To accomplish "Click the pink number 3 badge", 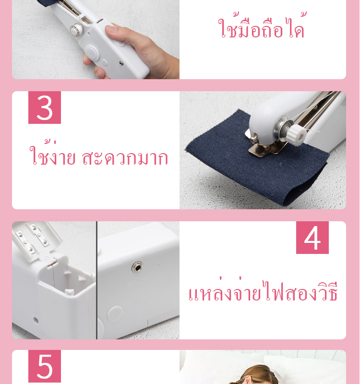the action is pyautogui.click(x=45, y=107).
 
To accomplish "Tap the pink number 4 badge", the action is pyautogui.click(x=312, y=238).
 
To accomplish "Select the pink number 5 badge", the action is pyautogui.click(x=45, y=366).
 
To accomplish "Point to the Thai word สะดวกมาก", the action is pyautogui.click(x=125, y=158).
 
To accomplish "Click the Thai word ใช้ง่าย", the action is pyautogui.click(x=52, y=153).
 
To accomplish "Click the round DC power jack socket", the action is pyautogui.click(x=137, y=267).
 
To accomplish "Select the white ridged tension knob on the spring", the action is pyautogui.click(x=297, y=135).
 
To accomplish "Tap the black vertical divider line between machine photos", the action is pyautogui.click(x=97, y=280).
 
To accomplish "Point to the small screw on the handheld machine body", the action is pyautogui.click(x=121, y=63).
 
